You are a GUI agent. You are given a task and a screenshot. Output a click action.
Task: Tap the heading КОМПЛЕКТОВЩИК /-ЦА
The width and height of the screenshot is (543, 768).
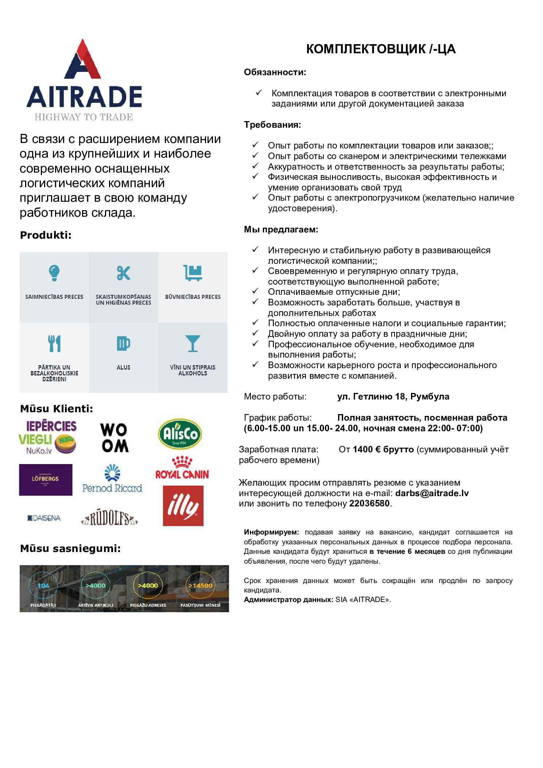[x=381, y=49]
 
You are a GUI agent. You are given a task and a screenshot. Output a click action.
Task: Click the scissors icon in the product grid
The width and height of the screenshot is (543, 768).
[x=123, y=273]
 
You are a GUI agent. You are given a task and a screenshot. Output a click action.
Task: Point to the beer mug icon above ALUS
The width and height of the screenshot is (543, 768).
[x=123, y=343]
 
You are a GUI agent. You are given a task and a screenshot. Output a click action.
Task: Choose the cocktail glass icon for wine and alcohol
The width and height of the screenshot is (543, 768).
[x=193, y=343]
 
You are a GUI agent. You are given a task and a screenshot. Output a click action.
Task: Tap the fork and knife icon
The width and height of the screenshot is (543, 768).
[x=54, y=343]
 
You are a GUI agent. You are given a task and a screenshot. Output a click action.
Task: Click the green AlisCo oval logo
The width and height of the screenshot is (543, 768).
[x=180, y=434]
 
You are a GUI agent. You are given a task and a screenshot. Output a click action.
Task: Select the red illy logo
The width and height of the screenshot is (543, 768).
[x=183, y=506]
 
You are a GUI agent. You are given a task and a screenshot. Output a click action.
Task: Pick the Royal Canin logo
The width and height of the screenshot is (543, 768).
[x=182, y=468]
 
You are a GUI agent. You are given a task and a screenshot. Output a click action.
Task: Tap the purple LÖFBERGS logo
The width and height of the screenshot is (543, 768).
[x=46, y=479]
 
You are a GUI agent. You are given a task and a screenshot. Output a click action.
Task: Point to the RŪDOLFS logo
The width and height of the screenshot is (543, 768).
[x=109, y=518]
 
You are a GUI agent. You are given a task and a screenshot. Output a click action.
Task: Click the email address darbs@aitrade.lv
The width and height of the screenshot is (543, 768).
[x=432, y=493]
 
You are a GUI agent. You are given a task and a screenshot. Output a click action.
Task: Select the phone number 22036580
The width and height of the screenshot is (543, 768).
[x=369, y=503]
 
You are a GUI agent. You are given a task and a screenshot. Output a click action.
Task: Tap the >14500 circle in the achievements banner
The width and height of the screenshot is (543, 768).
[x=200, y=586]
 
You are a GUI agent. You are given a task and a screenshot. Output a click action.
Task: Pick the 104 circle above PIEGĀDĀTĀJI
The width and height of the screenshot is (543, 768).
[x=43, y=586]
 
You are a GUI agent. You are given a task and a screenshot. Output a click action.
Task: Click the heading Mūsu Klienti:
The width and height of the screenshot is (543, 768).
[x=57, y=409]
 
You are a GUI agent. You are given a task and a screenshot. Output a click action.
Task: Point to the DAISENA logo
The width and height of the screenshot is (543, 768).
[x=44, y=518]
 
